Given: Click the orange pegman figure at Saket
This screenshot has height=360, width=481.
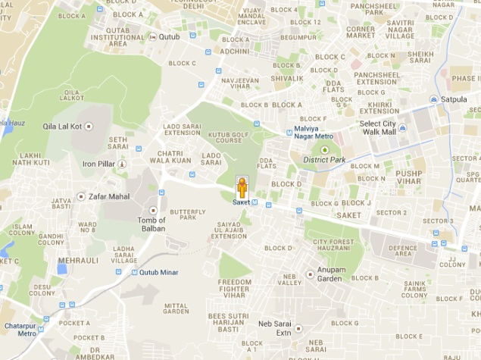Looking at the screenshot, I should pos(242,187).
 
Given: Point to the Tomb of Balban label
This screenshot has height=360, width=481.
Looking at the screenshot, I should pos(151,224).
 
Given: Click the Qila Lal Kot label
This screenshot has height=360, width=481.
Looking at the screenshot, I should pos(63,127).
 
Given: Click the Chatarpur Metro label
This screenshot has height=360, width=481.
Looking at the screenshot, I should pos(21,329).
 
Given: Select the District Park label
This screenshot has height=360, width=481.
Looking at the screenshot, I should pos(324,159).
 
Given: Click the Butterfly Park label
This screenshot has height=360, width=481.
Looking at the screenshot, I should pos(183,214).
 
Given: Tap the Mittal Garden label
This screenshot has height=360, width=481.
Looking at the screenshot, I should pos(176,308).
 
